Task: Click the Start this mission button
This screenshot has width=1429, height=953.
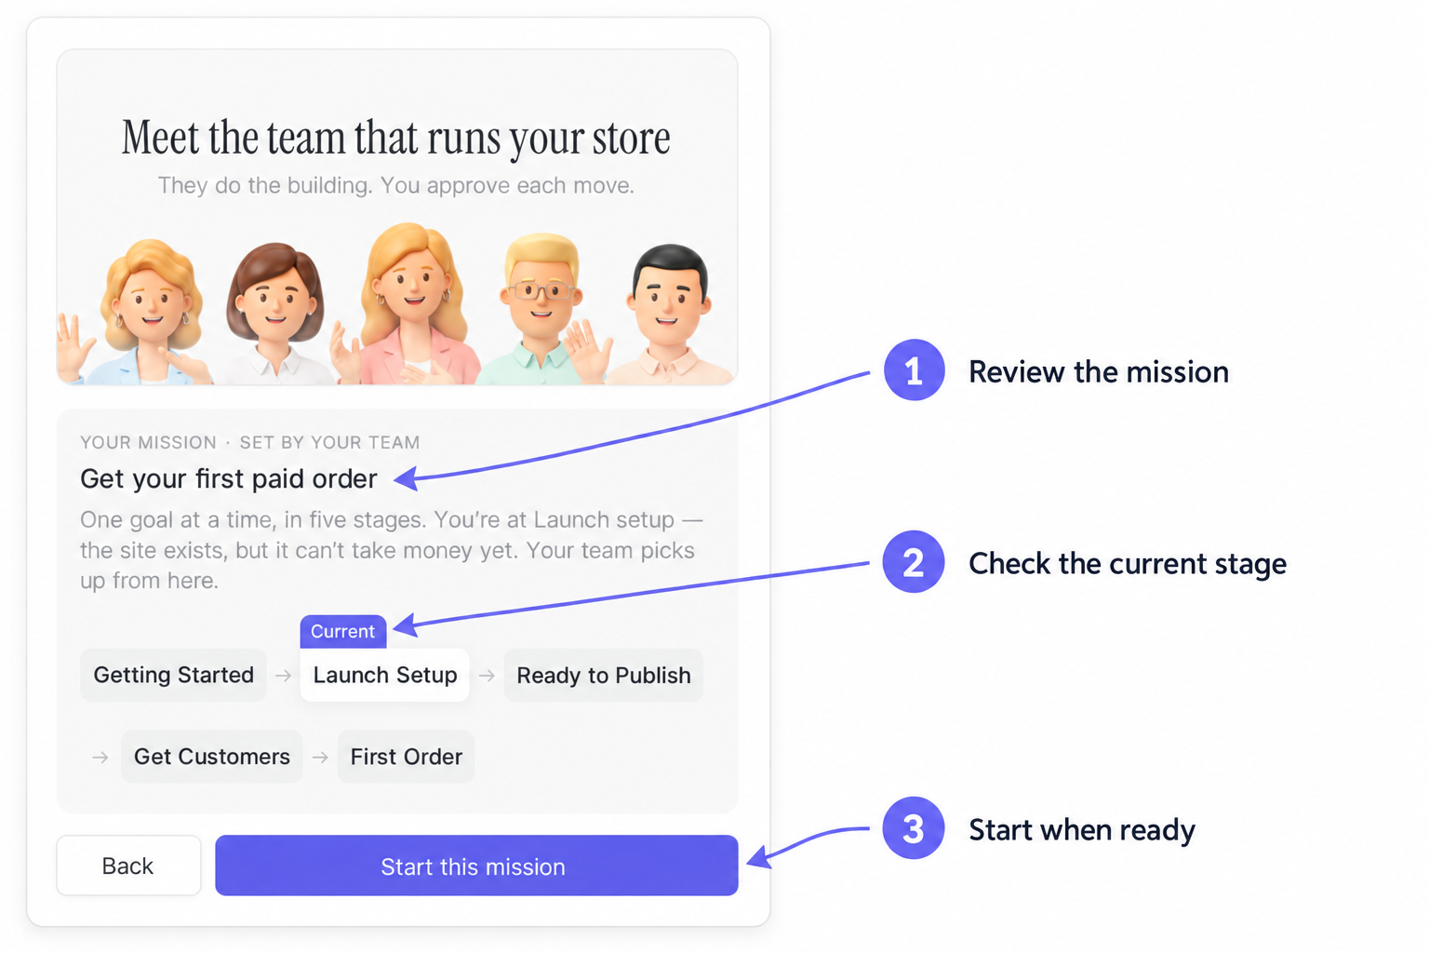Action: [476, 866]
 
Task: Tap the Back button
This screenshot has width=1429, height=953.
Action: [129, 866]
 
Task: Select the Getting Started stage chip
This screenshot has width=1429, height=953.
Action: [174, 676]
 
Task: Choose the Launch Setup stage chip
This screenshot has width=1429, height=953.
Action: [384, 676]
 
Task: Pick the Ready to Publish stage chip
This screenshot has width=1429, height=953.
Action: [604, 676]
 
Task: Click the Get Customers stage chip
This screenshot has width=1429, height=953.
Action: [212, 757]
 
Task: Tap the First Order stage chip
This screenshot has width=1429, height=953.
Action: [406, 757]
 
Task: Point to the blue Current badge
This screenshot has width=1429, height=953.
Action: [343, 631]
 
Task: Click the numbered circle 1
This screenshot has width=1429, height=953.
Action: [914, 370]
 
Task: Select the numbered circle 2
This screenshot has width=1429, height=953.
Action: [914, 562]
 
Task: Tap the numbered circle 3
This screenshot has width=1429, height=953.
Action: [914, 828]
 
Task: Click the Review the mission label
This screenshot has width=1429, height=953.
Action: [1099, 372]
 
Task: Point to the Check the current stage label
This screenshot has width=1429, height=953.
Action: [1128, 564]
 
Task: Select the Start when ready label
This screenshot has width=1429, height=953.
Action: [1082, 830]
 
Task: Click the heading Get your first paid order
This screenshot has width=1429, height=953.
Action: [228, 478]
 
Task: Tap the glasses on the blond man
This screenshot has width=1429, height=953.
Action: [541, 291]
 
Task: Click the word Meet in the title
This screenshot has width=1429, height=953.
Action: [160, 138]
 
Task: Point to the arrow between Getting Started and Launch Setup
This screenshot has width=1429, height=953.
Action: [283, 676]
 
